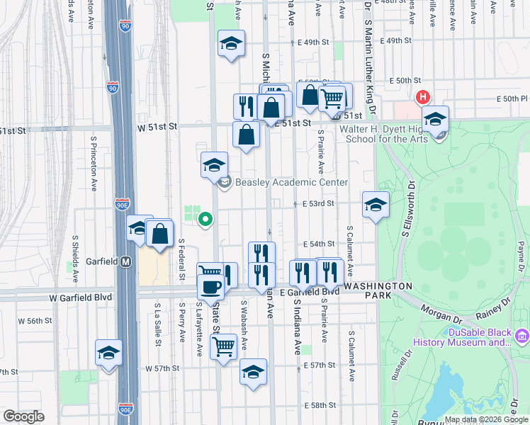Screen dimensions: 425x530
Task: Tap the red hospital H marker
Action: point(423,97)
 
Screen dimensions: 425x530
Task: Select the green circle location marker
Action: point(205,220)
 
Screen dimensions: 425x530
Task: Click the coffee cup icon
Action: point(210,286)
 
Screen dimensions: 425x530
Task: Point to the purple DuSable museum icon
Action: point(523,334)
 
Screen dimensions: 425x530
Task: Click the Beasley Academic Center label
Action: point(292,183)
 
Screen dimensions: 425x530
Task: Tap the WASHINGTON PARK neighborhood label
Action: point(378,290)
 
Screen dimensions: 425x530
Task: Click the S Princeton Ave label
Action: point(94,170)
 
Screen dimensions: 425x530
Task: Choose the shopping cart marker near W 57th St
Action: point(224,346)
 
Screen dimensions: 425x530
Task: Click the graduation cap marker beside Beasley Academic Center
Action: point(215,166)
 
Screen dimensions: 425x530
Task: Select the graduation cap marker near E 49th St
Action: point(231,44)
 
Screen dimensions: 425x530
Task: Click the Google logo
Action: point(23,417)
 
